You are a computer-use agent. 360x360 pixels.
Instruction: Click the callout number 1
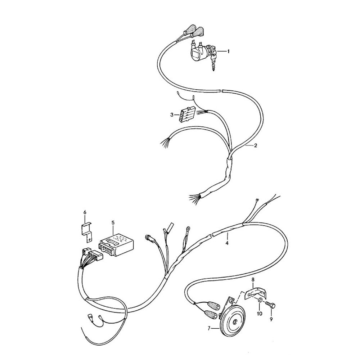click(x=228, y=51)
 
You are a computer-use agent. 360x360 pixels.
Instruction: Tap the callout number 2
click(x=256, y=145)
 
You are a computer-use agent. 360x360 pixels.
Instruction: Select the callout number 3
click(x=172, y=115)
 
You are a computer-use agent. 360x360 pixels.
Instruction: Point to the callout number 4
click(x=227, y=243)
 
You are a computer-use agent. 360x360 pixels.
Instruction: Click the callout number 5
click(x=113, y=222)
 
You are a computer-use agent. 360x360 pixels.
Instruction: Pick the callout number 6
click(x=85, y=213)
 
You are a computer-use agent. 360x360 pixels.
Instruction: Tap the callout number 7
click(x=209, y=329)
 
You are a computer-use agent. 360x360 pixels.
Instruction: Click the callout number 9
click(x=271, y=319)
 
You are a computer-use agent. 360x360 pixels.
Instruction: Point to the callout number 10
click(x=260, y=314)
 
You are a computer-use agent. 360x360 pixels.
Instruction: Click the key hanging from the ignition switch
click(x=213, y=62)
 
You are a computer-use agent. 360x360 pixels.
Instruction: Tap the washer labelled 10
click(x=260, y=300)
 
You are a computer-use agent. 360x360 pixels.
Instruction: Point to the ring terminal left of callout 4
click(x=188, y=229)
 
